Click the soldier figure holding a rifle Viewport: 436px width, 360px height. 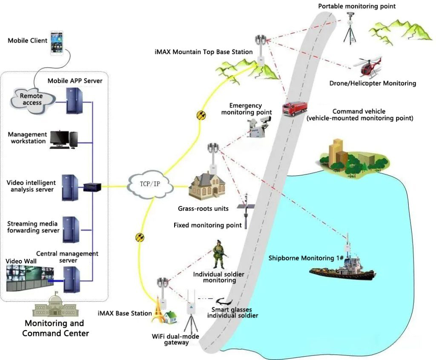tap(220, 254)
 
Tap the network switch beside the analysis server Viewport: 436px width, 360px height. tap(92, 186)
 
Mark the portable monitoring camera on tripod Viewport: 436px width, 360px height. tap(350, 26)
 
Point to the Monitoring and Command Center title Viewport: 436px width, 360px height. tap(55, 328)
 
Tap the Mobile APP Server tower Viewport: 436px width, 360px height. tap(73, 100)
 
